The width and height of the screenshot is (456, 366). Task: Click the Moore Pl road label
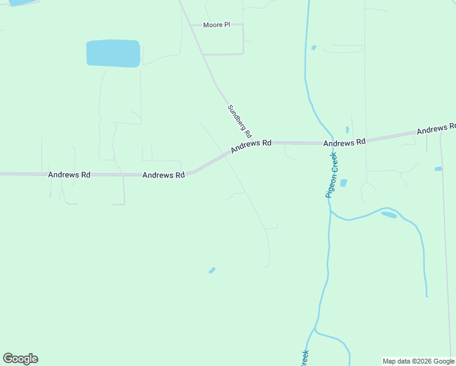(217, 25)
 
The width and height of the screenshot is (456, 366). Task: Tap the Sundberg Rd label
(240, 120)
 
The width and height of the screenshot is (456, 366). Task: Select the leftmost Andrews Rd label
(69, 174)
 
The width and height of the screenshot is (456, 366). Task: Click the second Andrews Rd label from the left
(163, 175)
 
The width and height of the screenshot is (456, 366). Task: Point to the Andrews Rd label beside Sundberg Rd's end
(251, 146)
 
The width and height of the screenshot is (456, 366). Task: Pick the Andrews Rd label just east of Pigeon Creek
(344, 142)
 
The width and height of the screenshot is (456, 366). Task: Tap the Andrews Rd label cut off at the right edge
(436, 129)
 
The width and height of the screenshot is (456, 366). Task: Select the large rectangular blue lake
(113, 53)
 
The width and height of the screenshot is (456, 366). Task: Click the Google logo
(20, 358)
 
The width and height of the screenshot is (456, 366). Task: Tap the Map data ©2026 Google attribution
(418, 361)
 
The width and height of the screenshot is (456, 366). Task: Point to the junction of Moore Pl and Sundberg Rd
(191, 25)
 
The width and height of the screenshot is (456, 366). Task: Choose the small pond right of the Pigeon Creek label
(343, 182)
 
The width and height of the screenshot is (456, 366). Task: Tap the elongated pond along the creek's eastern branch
(388, 214)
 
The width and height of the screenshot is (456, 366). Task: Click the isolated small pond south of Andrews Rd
(212, 270)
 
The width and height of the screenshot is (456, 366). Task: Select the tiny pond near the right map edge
(438, 169)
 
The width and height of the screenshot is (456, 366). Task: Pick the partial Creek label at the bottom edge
(305, 357)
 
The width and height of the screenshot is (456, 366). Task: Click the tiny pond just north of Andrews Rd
(347, 129)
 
